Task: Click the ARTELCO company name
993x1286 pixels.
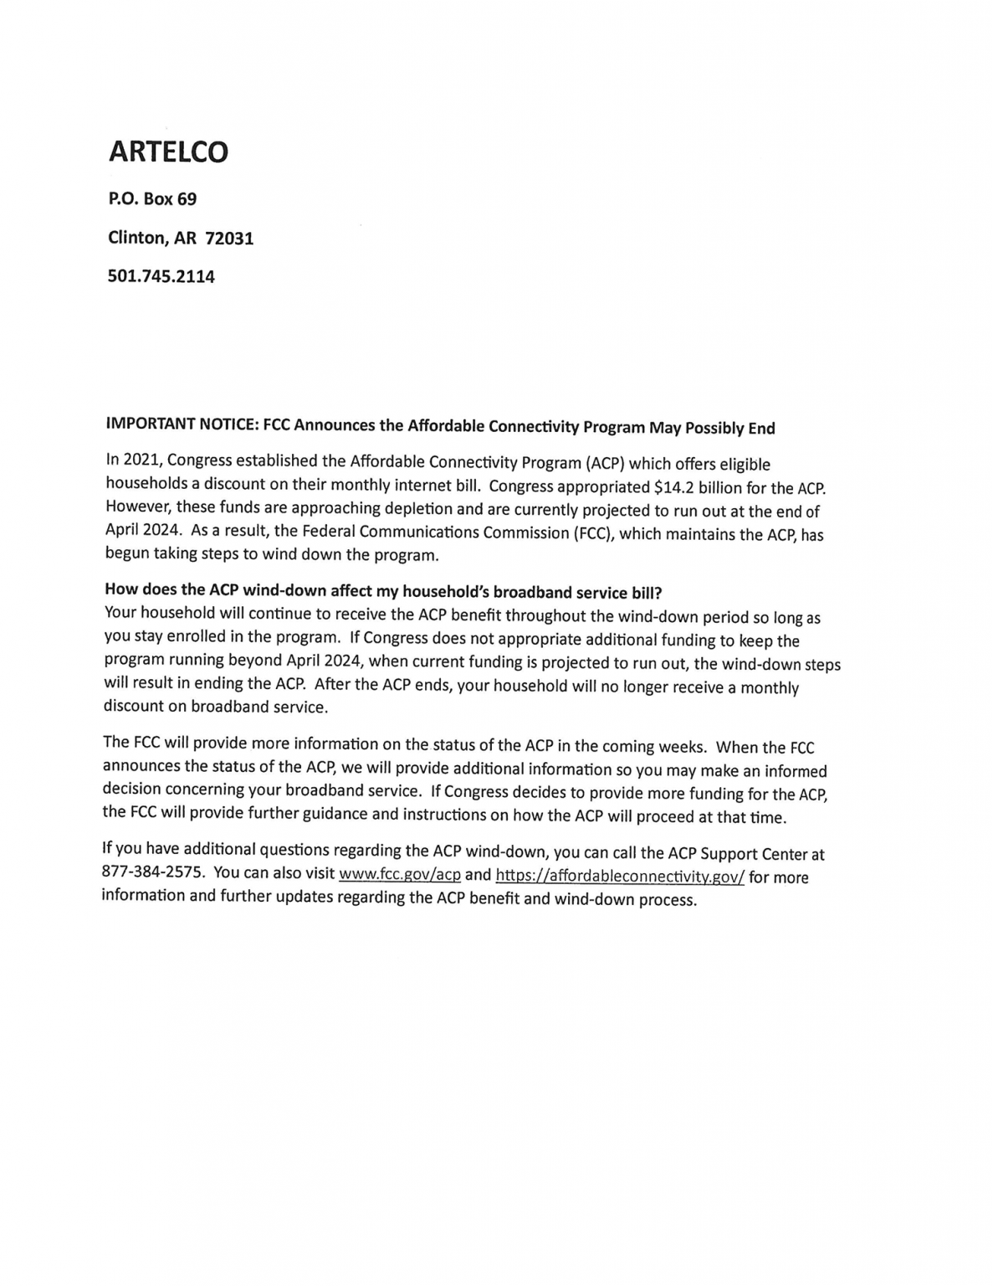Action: point(168,152)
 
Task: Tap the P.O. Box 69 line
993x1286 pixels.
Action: point(152,199)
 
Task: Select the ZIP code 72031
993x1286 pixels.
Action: point(229,239)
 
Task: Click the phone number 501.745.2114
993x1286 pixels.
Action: point(161,276)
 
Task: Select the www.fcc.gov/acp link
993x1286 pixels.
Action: point(399,875)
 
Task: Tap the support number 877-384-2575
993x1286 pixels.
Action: point(152,872)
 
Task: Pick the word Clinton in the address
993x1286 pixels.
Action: point(138,239)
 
